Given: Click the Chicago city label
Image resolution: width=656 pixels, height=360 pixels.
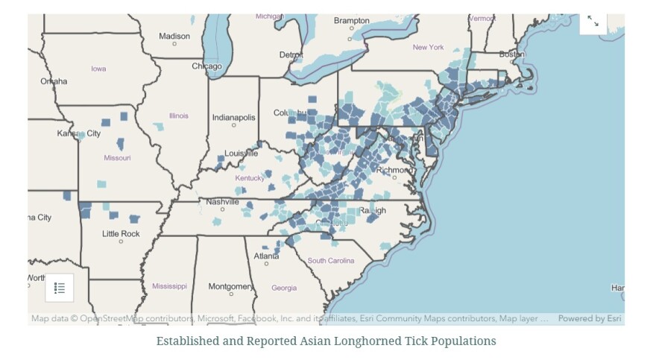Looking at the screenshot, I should coord(206,66).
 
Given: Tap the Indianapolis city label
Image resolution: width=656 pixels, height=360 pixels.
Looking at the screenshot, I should coord(233,118).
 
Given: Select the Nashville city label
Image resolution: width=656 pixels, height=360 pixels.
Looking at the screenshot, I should coord(222,201).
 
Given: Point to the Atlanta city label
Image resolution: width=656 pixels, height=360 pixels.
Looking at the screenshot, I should coord(266,256).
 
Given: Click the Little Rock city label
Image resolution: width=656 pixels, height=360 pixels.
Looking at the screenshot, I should coord(121,233).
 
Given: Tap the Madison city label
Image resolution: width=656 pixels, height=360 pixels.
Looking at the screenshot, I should coord(174,36).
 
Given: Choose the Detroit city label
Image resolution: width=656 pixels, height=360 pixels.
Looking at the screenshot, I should coord(291,55).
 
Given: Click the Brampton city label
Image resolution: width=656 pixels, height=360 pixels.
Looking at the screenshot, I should coord(351,21).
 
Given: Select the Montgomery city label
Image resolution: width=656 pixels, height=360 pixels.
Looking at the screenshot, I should coord(230,286).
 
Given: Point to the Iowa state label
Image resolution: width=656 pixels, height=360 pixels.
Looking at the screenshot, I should coord(98,69).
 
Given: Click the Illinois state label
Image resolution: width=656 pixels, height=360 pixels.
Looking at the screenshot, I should coord(179,116).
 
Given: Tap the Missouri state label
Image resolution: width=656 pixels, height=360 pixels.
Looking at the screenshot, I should coord(117,158).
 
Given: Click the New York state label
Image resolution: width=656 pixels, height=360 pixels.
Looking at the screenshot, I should coord(428,48).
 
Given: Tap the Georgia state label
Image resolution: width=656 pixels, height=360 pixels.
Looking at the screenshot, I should coord(283,288).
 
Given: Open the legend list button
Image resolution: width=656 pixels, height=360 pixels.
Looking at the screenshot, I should coord(60,288).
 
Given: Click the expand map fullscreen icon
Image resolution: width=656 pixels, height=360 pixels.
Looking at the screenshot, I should coord(593,22).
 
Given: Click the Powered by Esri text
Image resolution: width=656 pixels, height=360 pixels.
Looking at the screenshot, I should coord(590,318).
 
